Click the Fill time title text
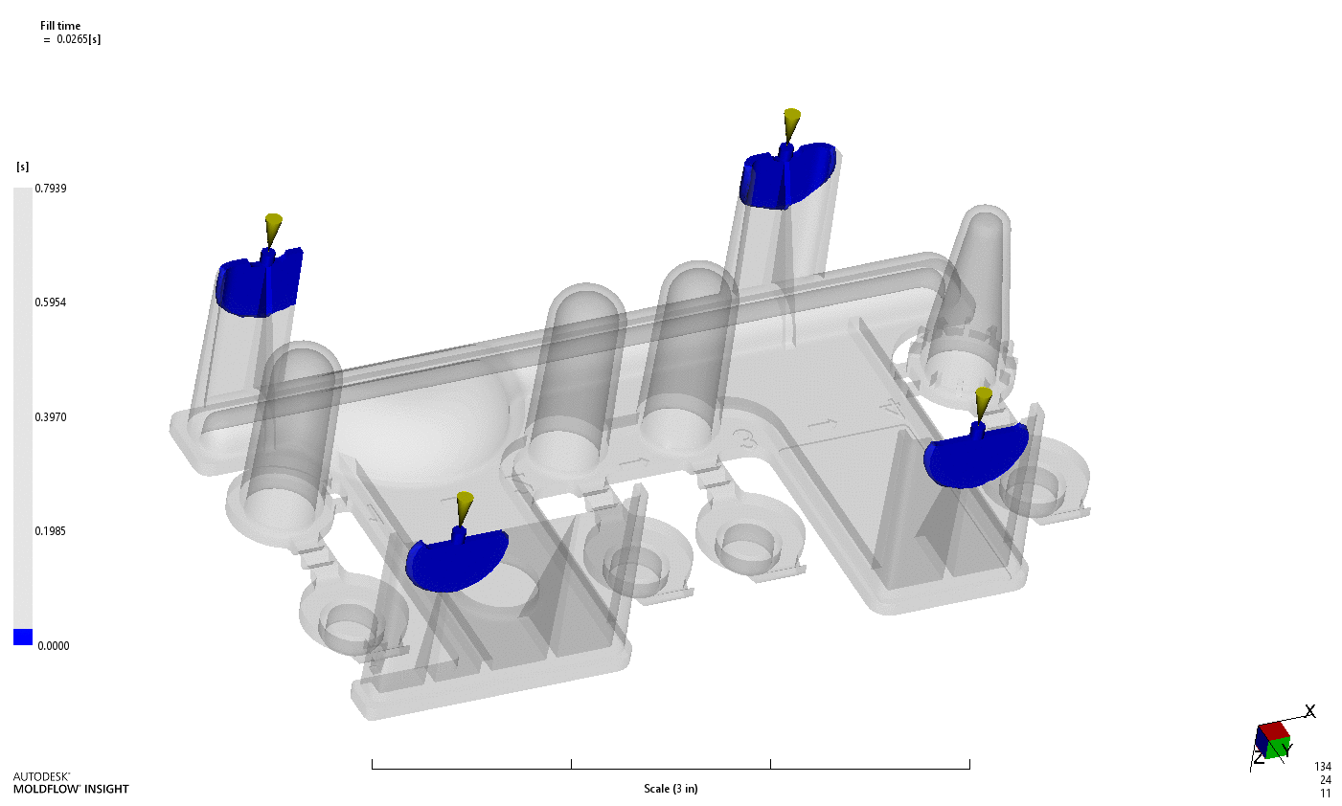(60, 26)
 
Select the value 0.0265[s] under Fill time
(79, 39)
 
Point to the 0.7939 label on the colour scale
(51, 189)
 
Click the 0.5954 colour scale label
(51, 302)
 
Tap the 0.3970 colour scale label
(51, 417)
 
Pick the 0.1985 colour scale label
(51, 531)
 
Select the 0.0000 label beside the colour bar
(54, 646)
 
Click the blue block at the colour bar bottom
(23, 638)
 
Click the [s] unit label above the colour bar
(22, 168)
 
